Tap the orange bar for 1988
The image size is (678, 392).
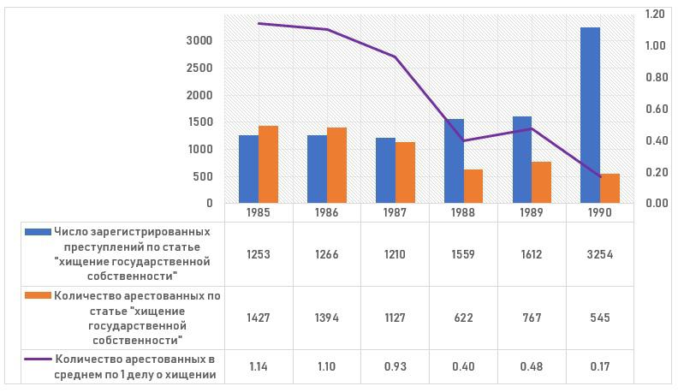[x=473, y=187]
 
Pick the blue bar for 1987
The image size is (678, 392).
[x=385, y=170]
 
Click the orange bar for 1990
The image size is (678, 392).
[x=610, y=188]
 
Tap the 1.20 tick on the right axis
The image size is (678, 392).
[x=656, y=15]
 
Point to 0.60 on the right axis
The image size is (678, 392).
[x=656, y=109]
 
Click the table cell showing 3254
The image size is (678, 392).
[x=600, y=254]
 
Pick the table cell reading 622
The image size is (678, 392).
[x=463, y=318]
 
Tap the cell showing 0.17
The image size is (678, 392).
[x=600, y=366]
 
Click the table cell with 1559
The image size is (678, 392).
[x=463, y=254]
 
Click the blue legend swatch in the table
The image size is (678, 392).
[x=38, y=232]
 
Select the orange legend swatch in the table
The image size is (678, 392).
[x=38, y=296]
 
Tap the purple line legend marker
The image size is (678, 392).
[x=38, y=360]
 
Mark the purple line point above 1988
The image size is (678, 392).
[x=463, y=140]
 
